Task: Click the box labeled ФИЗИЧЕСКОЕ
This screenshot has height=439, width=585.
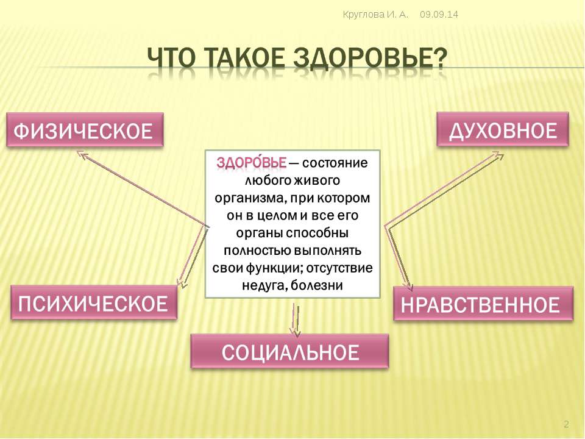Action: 85,130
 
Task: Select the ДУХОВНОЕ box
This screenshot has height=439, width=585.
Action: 503,129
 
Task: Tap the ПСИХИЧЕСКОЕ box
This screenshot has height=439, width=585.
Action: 94,302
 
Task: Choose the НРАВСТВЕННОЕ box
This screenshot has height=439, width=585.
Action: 483,304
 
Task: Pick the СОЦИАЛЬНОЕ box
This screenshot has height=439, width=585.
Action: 290,351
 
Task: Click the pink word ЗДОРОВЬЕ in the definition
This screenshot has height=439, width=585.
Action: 252,163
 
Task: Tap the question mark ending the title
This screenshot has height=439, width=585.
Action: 440,59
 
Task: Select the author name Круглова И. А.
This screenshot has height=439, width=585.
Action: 375,15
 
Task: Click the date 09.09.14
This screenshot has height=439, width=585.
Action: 439,15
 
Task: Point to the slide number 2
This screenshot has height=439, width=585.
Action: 566,424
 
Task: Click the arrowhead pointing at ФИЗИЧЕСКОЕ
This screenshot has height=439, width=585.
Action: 81,154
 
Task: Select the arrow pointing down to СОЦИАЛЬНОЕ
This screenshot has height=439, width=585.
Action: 296,320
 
